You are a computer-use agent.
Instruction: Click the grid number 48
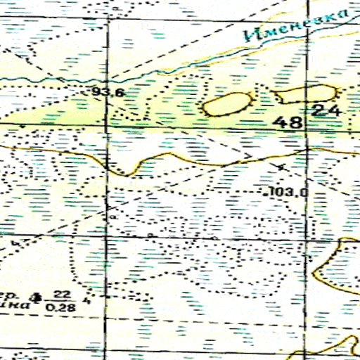(289, 122)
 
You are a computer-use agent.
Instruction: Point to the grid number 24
(326, 110)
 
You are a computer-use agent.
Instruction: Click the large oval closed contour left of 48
(226, 104)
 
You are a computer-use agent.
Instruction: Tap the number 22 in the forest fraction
(62, 293)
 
